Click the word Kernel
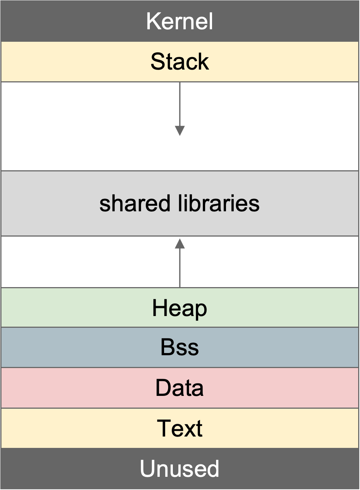[179, 21]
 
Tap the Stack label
[180, 62]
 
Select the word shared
[135, 203]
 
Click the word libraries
[219, 203]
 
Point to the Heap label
[179, 309]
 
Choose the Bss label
[179, 348]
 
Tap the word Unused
[179, 468]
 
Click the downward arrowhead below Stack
[180, 131]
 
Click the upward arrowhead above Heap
[180, 244]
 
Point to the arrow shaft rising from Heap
[180, 268]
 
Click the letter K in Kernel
[153, 21]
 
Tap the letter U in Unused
[148, 468]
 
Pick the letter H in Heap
[159, 308]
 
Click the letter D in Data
[163, 387]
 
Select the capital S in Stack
[158, 62]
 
